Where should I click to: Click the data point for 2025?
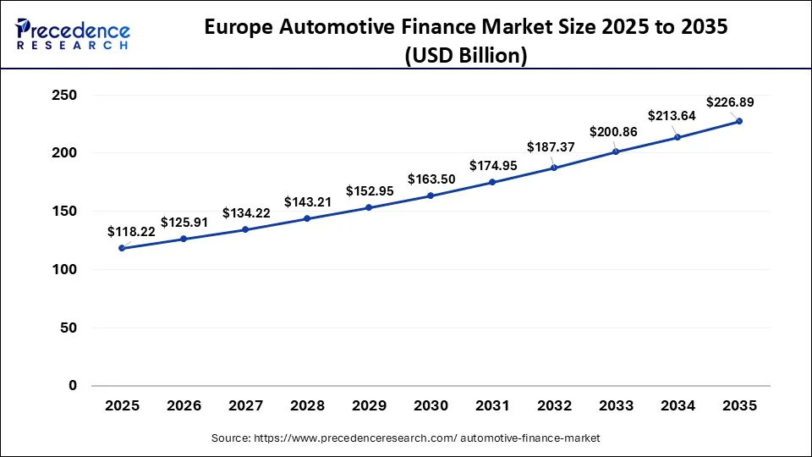point(122,248)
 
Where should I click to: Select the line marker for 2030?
point(431,195)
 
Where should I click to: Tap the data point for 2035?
point(739,121)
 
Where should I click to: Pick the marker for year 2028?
point(307,218)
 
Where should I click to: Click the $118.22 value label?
point(130,231)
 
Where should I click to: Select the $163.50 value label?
point(431,179)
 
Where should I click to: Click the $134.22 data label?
point(246,213)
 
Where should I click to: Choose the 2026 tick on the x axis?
point(184,406)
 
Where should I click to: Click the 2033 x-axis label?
point(616,406)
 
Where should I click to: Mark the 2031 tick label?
point(492,406)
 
